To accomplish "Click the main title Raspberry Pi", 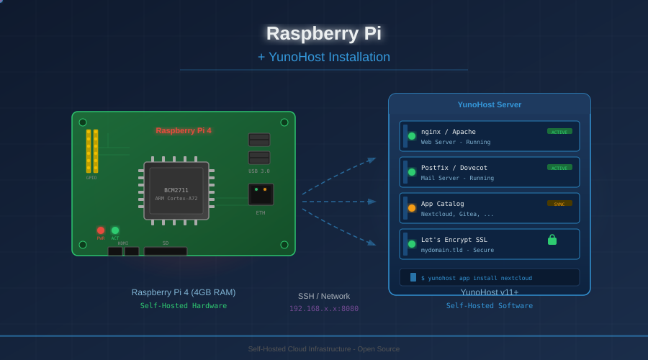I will (x=324, y=33).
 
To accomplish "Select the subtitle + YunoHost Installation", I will (x=324, y=57).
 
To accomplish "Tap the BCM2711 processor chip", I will (x=176, y=191).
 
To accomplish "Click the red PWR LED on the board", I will (x=101, y=230).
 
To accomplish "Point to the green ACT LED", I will (x=115, y=230).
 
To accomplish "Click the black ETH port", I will (x=261, y=194).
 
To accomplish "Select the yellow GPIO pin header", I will (x=92, y=151).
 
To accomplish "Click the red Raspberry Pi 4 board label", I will (x=184, y=130).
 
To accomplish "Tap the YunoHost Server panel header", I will (x=490, y=104).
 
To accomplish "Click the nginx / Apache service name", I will (x=449, y=132).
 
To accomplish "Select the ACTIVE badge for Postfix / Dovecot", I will (x=559, y=167).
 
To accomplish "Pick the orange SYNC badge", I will (x=559, y=203).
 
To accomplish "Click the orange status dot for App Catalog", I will (x=412, y=208).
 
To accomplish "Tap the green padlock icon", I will (x=552, y=240).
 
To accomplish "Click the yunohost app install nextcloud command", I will (x=477, y=278).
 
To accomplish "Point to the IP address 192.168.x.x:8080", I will (x=324, y=308).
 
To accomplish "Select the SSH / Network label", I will (x=324, y=296).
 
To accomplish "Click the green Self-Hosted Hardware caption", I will (x=184, y=305).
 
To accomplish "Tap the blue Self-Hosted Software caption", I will (x=490, y=305).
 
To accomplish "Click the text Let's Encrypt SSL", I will (x=454, y=240).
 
